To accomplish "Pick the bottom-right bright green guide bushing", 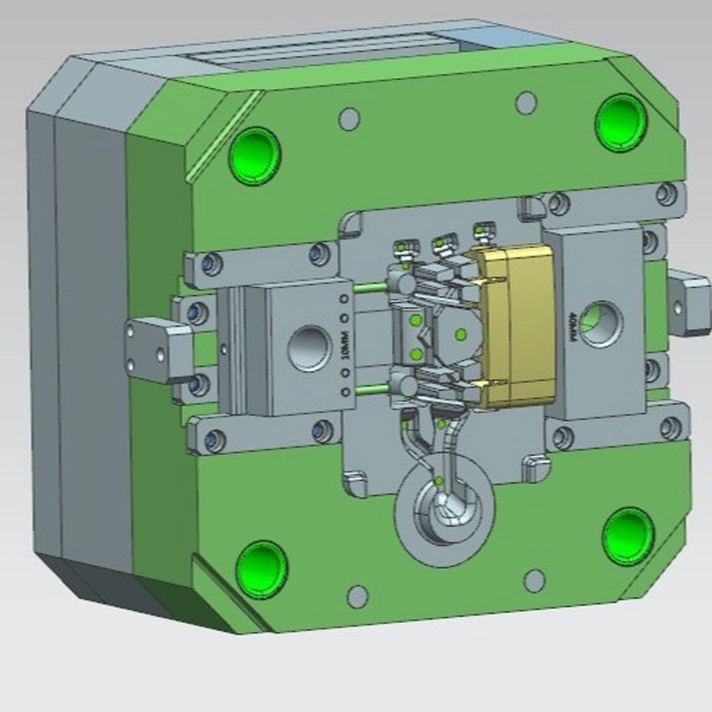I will [628, 535].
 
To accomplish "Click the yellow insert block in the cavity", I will [515, 326].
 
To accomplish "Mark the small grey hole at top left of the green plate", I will [351, 117].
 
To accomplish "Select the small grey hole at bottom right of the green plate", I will [534, 581].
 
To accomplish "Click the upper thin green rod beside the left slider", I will [367, 287].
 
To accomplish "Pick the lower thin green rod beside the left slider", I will [368, 388].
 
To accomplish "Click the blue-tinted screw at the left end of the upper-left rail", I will [210, 264].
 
